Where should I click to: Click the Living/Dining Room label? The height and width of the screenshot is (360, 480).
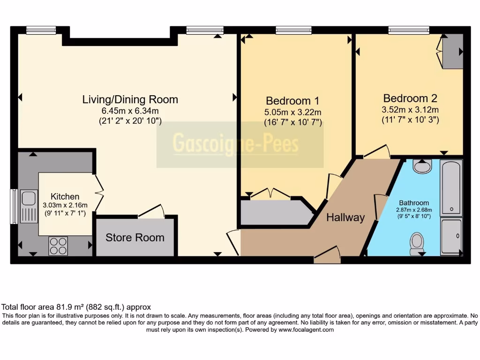(x=130, y=99)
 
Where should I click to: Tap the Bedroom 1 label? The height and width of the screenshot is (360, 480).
(x=292, y=101)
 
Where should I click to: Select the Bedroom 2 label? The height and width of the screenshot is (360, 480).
(x=410, y=98)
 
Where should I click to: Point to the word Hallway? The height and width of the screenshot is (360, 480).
(x=345, y=217)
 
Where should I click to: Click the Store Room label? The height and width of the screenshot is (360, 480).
(x=135, y=238)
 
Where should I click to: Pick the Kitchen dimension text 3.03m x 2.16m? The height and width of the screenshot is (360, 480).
(x=65, y=205)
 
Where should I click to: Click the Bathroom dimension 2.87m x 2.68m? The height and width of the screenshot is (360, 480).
(x=414, y=210)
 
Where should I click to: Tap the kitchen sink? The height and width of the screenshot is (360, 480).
(x=29, y=206)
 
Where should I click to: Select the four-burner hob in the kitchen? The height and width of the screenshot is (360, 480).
(x=58, y=246)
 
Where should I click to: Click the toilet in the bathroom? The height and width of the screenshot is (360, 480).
(x=417, y=243)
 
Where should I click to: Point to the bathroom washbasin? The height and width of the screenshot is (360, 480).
(x=422, y=166)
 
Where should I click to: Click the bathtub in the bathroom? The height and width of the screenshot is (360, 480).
(x=451, y=187)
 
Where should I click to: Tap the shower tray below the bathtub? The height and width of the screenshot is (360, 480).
(x=451, y=236)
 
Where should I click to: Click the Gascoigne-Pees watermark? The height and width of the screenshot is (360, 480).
(x=236, y=143)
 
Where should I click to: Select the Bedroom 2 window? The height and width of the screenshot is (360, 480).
(x=409, y=30)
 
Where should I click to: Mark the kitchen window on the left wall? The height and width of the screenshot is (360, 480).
(x=14, y=207)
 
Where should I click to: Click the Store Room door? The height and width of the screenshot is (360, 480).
(x=151, y=211)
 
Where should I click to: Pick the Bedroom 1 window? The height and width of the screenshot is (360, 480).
(x=293, y=30)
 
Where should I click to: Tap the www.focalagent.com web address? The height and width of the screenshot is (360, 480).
(x=306, y=330)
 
